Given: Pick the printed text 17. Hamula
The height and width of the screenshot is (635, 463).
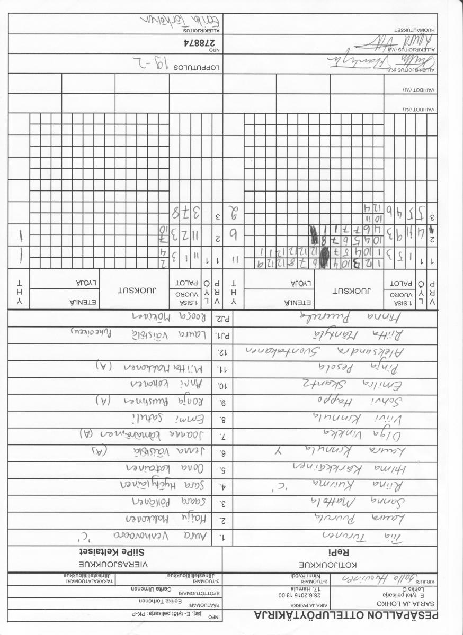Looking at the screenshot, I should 297,588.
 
